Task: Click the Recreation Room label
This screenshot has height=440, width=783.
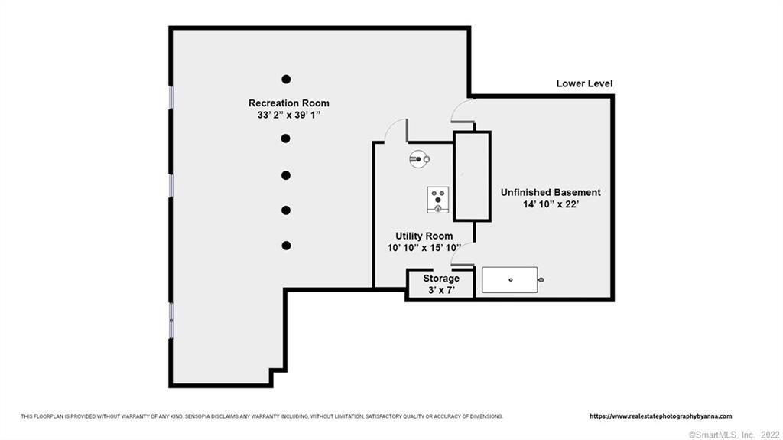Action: pyautogui.click(x=288, y=103)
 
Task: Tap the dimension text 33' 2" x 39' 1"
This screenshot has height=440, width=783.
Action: pyautogui.click(x=288, y=115)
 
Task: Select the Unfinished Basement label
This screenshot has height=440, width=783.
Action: pyautogui.click(x=551, y=192)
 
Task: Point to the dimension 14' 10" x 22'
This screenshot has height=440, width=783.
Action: pyautogui.click(x=551, y=204)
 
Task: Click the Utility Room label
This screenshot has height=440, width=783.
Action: pyautogui.click(x=424, y=236)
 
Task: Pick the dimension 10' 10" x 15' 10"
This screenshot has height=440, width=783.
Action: pyautogui.click(x=424, y=247)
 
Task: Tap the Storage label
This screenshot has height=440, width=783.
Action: pyautogui.click(x=441, y=278)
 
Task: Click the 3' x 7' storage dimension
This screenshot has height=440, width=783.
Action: pyautogui.click(x=441, y=290)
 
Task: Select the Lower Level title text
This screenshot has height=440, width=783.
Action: pyautogui.click(x=584, y=83)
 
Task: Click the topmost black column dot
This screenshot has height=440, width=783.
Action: pyautogui.click(x=286, y=79)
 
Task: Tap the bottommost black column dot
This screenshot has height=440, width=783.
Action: pyautogui.click(x=286, y=246)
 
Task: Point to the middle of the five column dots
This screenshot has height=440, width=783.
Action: pyautogui.click(x=286, y=175)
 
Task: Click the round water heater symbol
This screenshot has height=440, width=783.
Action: pyautogui.click(x=420, y=159)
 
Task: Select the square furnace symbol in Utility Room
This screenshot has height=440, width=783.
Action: pyautogui.click(x=438, y=200)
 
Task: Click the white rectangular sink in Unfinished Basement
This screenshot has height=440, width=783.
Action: pyautogui.click(x=510, y=280)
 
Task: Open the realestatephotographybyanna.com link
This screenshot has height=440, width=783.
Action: pyautogui.click(x=661, y=416)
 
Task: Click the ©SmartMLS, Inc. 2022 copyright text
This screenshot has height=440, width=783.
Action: pyautogui.click(x=733, y=435)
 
